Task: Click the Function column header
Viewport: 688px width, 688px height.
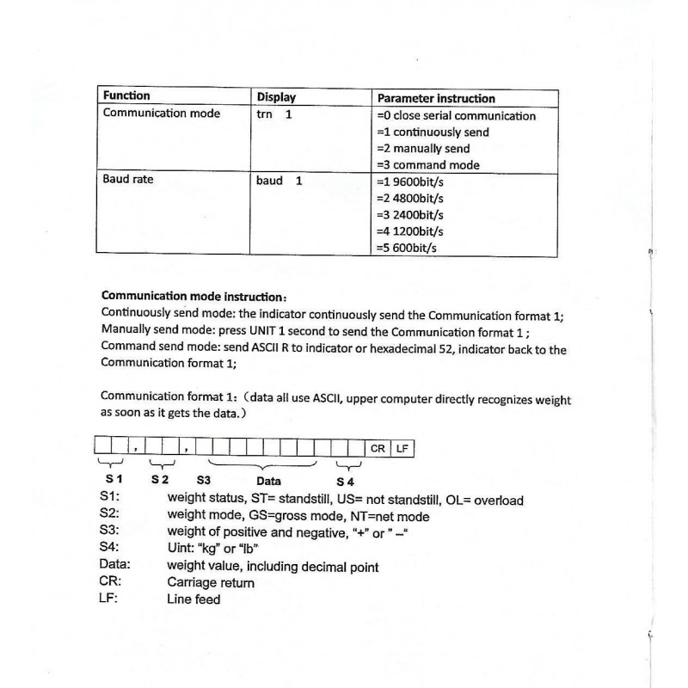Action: point(126,95)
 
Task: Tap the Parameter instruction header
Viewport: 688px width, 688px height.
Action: point(436,98)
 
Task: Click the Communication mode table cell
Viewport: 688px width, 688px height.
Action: point(161,114)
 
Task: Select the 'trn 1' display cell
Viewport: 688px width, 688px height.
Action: point(274,114)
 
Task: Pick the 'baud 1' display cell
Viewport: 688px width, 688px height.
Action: point(279,181)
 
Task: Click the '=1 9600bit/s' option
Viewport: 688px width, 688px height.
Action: point(416,182)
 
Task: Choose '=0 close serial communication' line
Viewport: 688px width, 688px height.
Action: point(456,115)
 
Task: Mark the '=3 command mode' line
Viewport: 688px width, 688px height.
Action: point(428,164)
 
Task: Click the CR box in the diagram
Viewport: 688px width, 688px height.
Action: point(378,448)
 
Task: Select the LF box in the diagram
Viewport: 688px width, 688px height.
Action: point(402,448)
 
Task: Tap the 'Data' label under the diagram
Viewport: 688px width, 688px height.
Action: point(268,481)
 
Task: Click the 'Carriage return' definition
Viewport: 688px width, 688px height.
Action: point(211,582)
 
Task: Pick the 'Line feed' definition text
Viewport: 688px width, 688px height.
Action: point(193,599)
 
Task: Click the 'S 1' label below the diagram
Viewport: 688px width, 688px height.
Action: point(114,478)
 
